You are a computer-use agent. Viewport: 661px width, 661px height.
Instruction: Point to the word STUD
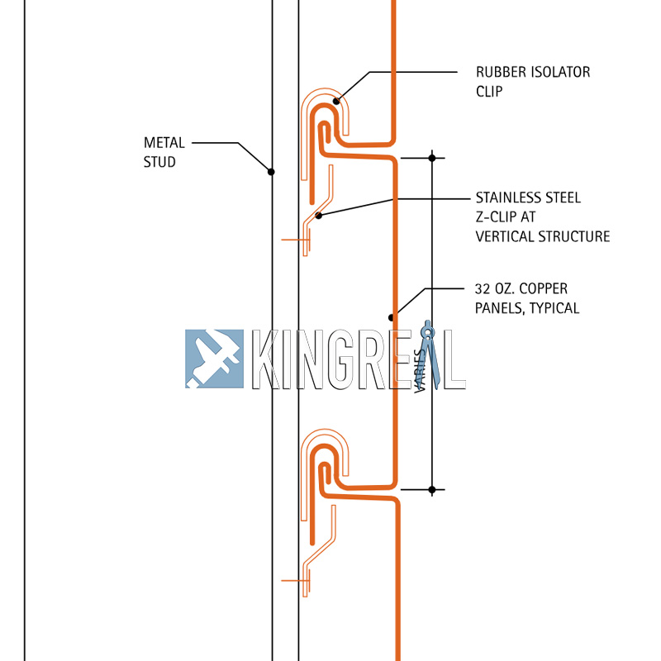(x=159, y=162)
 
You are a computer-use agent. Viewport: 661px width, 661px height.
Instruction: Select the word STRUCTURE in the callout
(x=574, y=236)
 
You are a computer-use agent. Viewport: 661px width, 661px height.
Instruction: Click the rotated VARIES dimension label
(x=421, y=369)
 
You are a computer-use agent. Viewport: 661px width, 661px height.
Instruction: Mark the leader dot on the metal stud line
(x=271, y=172)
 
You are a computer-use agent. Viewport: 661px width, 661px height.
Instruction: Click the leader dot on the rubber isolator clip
(x=336, y=102)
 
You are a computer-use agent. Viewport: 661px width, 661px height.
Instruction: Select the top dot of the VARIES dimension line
(x=431, y=157)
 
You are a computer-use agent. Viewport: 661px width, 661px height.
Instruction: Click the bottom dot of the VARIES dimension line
(x=431, y=490)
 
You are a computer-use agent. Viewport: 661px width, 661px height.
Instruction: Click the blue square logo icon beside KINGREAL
(x=214, y=359)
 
